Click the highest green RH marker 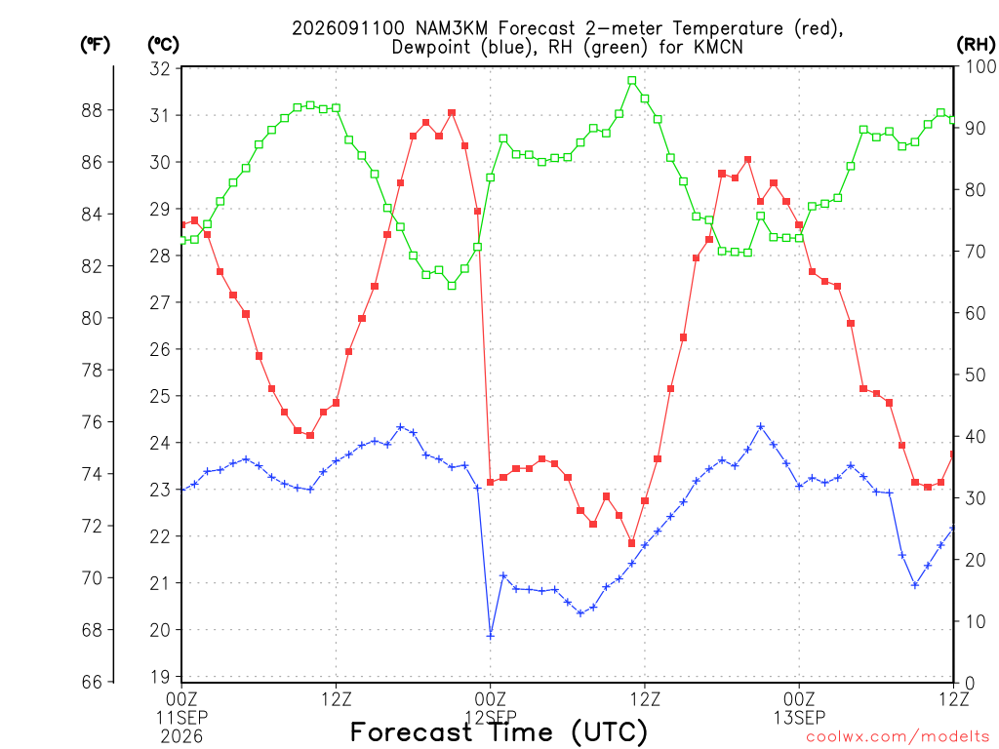click(631, 81)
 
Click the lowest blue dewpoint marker click(490, 636)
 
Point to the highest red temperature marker click(452, 113)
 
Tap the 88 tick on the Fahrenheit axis click(92, 110)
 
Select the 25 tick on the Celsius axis click(161, 396)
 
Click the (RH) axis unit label click(976, 44)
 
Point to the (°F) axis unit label click(95, 45)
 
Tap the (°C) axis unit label click(163, 45)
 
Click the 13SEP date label click(799, 718)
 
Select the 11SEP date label click(181, 718)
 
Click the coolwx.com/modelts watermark click(898, 737)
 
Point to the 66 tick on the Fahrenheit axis click(92, 682)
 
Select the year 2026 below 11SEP click(181, 737)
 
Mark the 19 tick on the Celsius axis click(161, 677)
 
